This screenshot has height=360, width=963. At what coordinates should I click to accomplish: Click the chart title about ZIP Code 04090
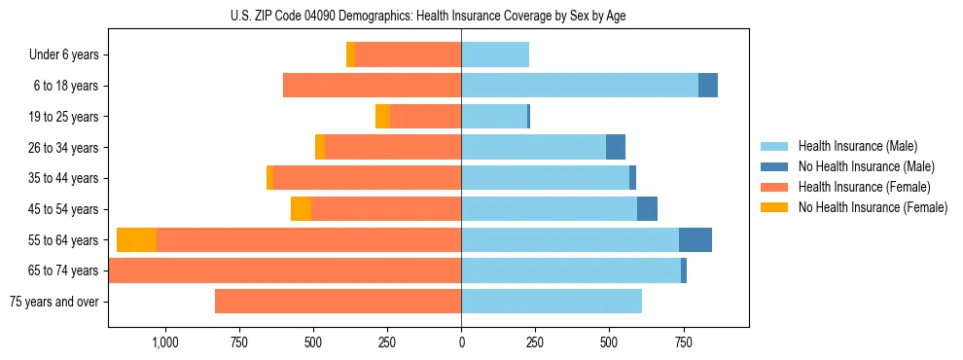(433, 16)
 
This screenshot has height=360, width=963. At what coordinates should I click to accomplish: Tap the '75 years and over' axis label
(53, 302)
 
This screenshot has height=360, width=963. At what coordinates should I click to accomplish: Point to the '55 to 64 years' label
(63, 240)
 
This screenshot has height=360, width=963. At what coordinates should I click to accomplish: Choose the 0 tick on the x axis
(461, 342)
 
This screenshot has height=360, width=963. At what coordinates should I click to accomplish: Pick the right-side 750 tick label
(684, 342)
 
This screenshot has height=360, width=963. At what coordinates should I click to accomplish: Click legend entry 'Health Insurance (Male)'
(857, 146)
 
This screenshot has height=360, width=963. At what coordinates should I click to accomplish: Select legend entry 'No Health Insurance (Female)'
(873, 207)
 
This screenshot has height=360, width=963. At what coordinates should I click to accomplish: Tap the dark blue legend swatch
(774, 166)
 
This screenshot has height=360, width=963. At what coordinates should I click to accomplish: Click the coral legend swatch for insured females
(774, 187)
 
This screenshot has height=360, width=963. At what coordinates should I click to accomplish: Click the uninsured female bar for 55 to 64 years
(136, 239)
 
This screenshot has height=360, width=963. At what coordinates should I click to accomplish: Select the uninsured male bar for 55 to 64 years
(695, 239)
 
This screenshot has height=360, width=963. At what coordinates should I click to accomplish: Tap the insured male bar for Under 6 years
(495, 54)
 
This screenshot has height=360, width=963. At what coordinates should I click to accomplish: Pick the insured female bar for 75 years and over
(338, 302)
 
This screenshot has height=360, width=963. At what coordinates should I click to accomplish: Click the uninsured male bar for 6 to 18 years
(707, 86)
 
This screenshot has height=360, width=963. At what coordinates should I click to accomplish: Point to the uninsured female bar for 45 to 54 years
(301, 209)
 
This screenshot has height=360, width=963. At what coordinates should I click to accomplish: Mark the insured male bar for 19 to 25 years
(494, 117)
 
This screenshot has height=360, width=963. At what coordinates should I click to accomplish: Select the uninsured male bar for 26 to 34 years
(615, 147)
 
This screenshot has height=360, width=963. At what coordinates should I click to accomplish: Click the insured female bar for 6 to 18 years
(372, 86)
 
